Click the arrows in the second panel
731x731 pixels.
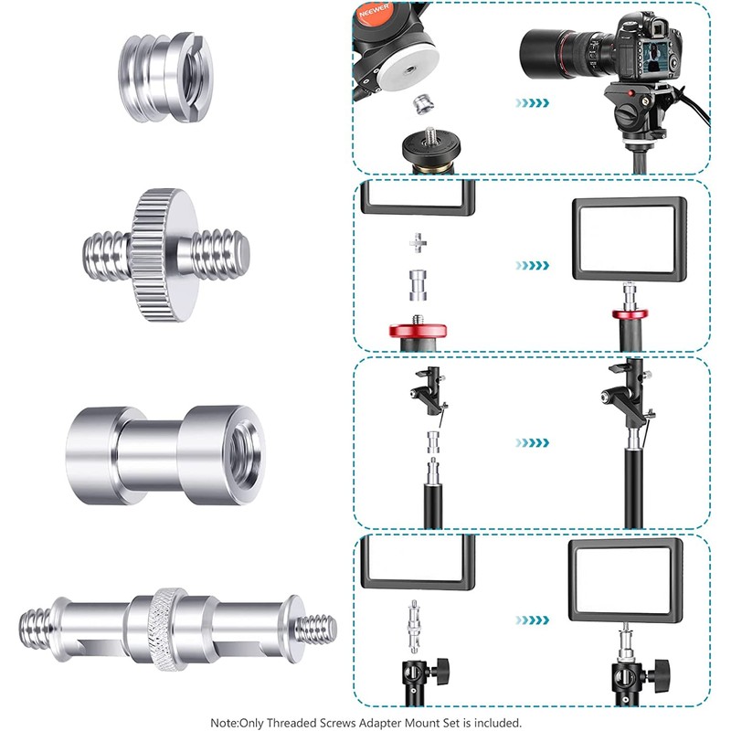pos(532,265)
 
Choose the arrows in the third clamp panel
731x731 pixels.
pos(532,442)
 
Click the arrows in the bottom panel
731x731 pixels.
pos(532,620)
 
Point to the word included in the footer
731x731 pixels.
pos(498,721)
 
